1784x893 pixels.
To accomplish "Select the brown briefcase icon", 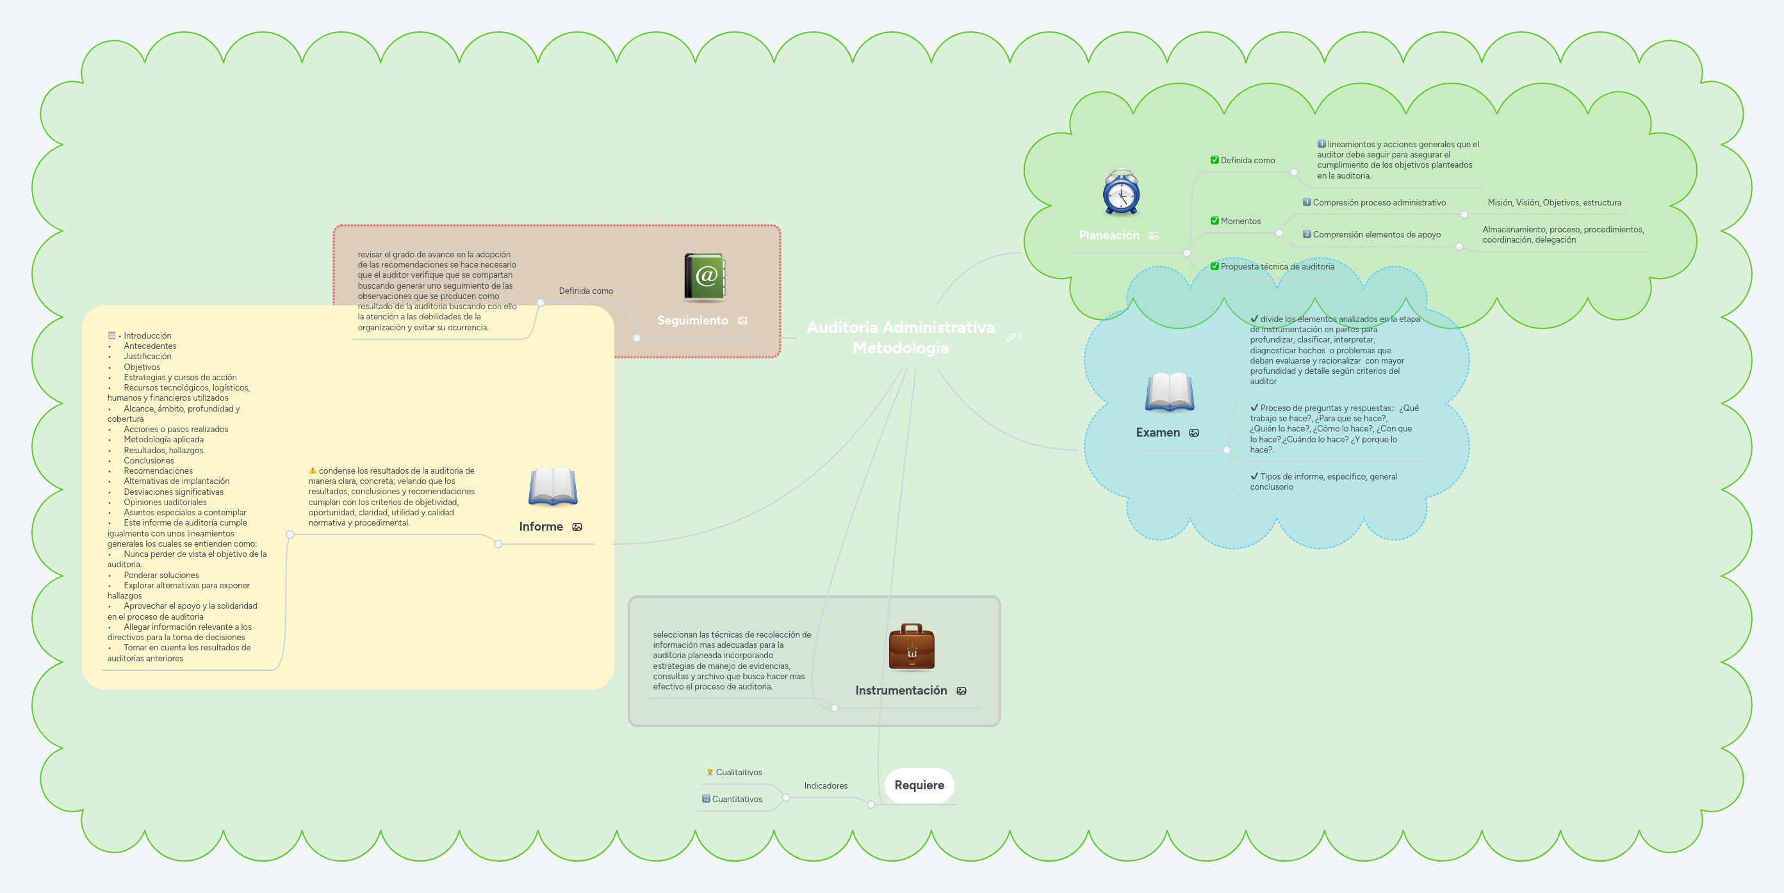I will click(x=912, y=647).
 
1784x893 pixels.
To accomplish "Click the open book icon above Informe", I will click(x=553, y=486).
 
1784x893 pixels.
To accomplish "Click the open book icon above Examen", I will click(x=1169, y=392).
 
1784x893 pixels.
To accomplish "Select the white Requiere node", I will click(x=919, y=785).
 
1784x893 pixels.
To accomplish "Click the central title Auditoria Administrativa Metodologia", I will click(x=900, y=337).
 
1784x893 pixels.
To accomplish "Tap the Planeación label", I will click(x=1109, y=236).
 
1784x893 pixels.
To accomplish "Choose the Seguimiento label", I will click(x=692, y=321).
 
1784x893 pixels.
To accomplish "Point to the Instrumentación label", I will click(x=900, y=690).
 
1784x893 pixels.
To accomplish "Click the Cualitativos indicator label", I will click(x=738, y=773).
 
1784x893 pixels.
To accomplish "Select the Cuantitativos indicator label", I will click(x=737, y=799).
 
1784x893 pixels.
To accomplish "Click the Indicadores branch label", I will click(x=826, y=785).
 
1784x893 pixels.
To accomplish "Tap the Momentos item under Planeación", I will click(x=1240, y=221).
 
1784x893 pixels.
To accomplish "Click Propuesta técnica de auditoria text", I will click(x=1277, y=266).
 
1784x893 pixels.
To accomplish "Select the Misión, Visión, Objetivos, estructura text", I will click(x=1554, y=203).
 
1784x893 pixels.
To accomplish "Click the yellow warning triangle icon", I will click(x=313, y=471).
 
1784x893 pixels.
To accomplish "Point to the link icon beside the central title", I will click(x=1010, y=337).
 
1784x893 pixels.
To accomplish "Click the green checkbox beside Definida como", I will click(x=1214, y=160).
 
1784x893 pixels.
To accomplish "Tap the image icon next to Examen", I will click(x=1194, y=433).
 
